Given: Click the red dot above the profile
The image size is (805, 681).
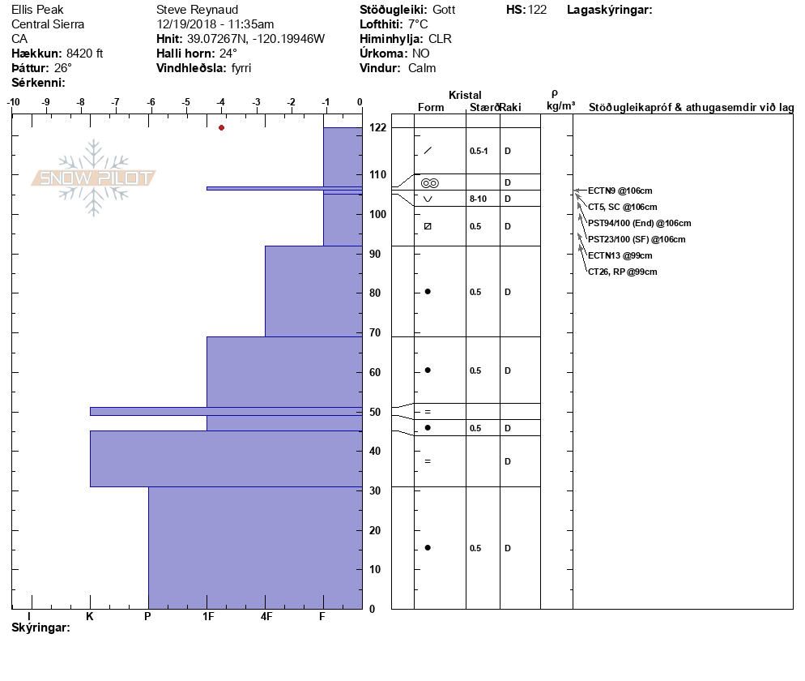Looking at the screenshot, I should tap(221, 127).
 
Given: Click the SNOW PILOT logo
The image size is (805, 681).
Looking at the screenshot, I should tap(94, 178).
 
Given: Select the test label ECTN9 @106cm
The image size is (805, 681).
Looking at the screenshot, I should tap(620, 191).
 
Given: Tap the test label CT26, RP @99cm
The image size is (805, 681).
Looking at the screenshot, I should tap(622, 272).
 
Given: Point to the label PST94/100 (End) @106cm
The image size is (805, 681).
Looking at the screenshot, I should tap(639, 223).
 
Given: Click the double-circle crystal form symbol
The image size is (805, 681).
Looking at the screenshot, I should tap(429, 183).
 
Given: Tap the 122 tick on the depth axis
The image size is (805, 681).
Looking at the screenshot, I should tap(377, 128).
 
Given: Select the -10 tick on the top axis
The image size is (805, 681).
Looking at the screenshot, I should tap(13, 102).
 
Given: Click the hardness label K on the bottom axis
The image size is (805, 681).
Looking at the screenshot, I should tap(90, 616).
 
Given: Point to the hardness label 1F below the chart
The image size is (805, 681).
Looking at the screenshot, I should tap(207, 616).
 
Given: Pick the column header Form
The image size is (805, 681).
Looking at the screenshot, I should tap(431, 107).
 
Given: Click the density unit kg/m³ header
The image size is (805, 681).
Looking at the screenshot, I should tap(560, 105).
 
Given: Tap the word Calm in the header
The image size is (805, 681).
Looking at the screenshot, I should tap(422, 68).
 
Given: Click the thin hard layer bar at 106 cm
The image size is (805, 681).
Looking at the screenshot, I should tap(283, 188).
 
